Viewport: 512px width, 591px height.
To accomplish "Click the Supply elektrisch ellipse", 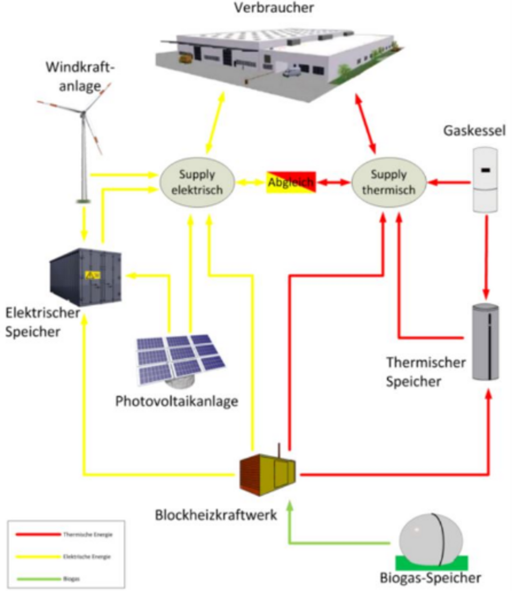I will tap(197, 182).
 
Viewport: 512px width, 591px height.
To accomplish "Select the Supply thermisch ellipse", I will tap(389, 182).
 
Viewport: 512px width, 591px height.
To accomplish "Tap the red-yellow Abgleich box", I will tap(291, 182).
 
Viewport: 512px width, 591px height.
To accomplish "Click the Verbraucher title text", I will tap(274, 8).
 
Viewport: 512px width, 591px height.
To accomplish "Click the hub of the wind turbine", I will tap(83, 114).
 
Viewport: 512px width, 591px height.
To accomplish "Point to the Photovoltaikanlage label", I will tap(177, 401).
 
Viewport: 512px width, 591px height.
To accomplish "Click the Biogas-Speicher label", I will tap(431, 578).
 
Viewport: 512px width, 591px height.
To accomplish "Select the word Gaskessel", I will tap(474, 130).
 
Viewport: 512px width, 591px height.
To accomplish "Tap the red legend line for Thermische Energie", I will tap(38, 534).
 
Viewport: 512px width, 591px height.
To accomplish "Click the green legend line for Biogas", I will tap(38, 579).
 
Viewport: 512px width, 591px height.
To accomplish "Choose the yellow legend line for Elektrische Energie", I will tap(38, 557).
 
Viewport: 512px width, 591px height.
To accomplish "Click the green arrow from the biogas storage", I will tap(339, 543).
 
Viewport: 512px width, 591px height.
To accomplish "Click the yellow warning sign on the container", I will tap(93, 275).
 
